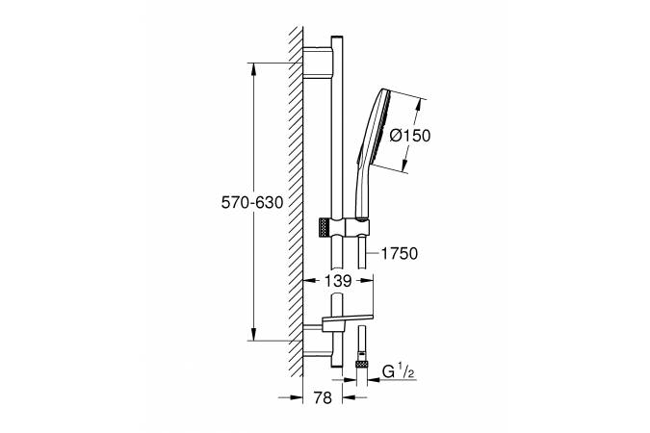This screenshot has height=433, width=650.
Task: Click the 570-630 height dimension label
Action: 252,203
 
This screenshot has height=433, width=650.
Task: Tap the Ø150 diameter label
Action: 410,136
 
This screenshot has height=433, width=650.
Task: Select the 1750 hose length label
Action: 399,254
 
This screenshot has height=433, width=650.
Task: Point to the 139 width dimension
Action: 338,281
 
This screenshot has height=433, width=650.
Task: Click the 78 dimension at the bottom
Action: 323,398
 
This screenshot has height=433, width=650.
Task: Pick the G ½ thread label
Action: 398,371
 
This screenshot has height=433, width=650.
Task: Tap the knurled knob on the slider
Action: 324,228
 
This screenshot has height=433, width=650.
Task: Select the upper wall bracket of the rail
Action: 318,63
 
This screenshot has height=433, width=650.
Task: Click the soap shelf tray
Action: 347,318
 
